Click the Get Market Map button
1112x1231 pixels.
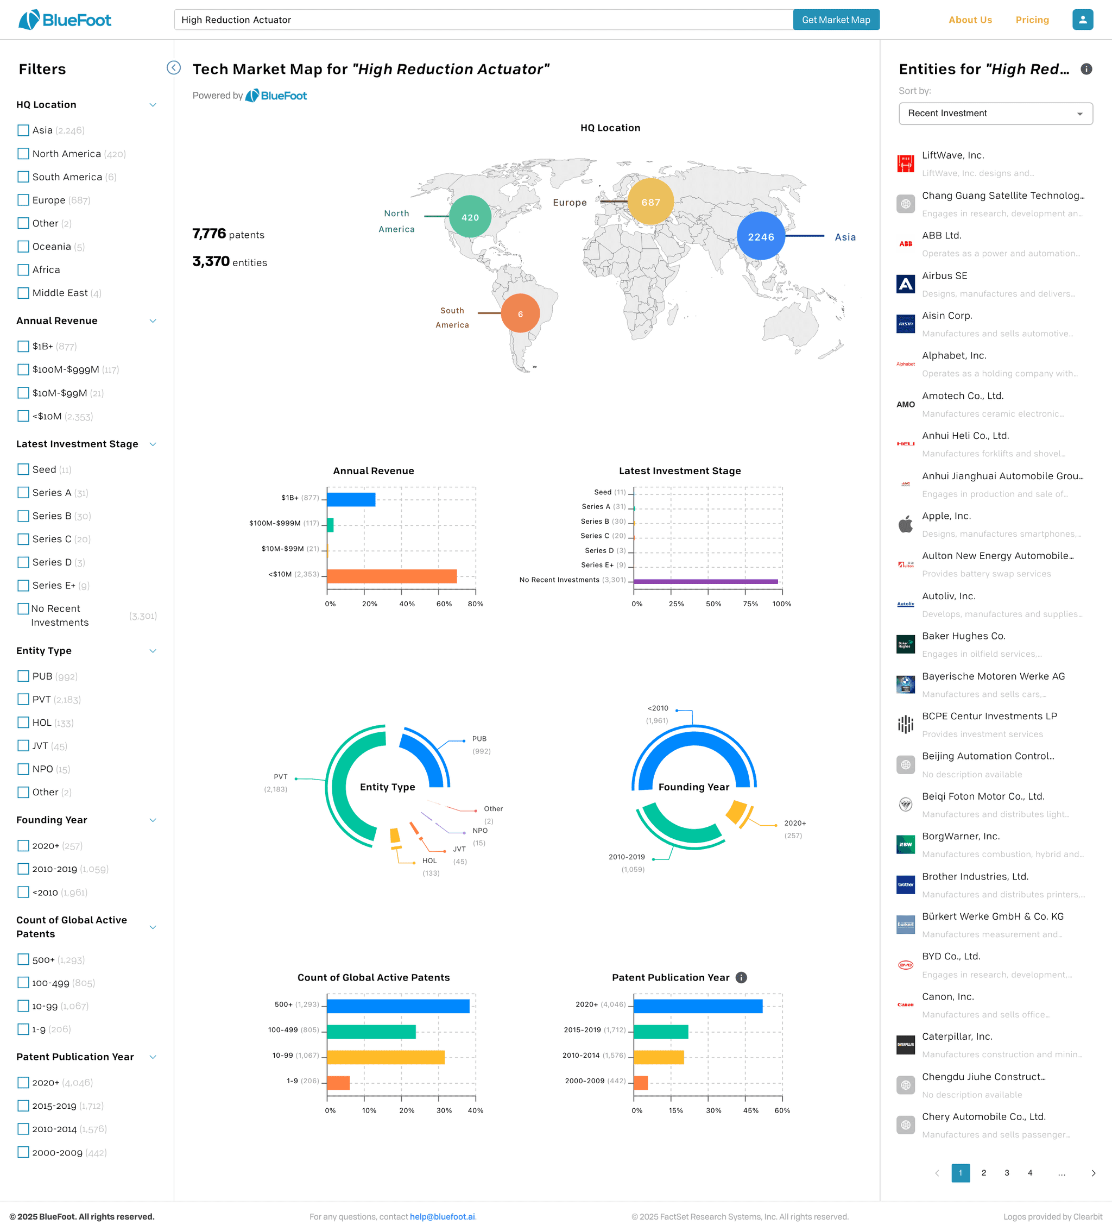tap(836, 20)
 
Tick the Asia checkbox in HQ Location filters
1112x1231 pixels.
tap(23, 130)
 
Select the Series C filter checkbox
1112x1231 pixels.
tap(23, 539)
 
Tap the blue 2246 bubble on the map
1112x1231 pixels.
tap(761, 236)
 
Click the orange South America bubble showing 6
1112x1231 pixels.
tap(520, 313)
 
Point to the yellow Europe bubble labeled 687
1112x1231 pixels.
tap(650, 202)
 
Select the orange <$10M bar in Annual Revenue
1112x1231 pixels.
tap(392, 576)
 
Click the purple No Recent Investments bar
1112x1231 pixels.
tap(705, 581)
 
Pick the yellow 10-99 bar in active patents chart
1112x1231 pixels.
tap(386, 1057)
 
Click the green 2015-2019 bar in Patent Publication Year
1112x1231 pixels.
tap(661, 1031)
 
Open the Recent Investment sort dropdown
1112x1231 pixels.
tap(995, 114)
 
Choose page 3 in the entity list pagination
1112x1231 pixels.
tap(1007, 1172)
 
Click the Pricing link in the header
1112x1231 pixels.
tap(1032, 20)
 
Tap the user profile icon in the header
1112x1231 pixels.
tap(1082, 20)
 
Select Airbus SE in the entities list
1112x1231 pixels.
tap(944, 276)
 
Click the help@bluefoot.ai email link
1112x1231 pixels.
tap(443, 1216)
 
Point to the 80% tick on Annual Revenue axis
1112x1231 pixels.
tap(476, 604)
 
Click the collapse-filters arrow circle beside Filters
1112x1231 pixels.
tap(174, 68)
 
